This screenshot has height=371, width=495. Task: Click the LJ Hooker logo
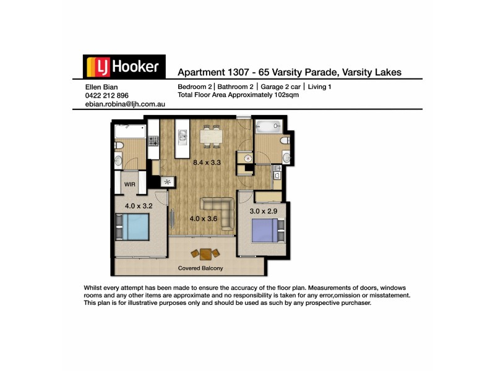124,67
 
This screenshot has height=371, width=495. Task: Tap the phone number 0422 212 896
106,96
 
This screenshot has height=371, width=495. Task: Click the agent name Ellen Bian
100,87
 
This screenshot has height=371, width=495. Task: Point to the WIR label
130,184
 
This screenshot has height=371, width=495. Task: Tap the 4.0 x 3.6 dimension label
203,218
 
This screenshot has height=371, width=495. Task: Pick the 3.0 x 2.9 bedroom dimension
263,211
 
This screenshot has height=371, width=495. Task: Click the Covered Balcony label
200,268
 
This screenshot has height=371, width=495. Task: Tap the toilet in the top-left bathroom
119,145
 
